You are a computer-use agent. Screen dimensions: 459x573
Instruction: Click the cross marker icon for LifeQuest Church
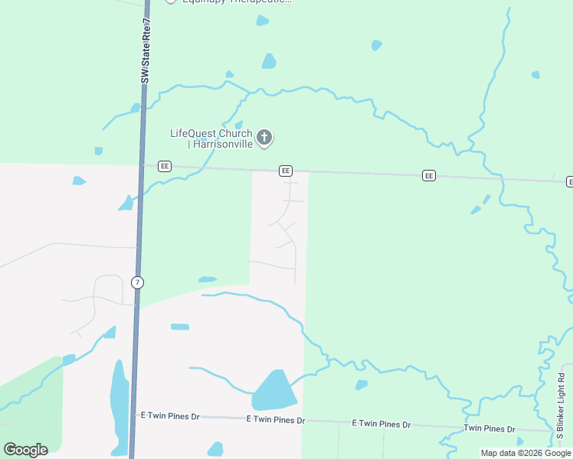[x=264, y=138]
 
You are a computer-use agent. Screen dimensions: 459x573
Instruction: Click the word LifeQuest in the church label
[x=190, y=134]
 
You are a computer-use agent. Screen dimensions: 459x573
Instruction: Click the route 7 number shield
[x=137, y=282]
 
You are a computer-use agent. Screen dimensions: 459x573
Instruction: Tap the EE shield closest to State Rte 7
[x=164, y=166]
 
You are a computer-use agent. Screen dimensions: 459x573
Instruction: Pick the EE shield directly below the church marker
[x=285, y=171]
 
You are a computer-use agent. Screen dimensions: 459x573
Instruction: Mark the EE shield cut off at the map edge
[x=569, y=181]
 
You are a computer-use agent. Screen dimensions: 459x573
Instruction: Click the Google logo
[x=25, y=450]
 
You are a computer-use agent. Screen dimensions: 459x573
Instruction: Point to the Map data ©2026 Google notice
[x=526, y=453]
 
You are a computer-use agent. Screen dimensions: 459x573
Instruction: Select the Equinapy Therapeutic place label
[x=237, y=1]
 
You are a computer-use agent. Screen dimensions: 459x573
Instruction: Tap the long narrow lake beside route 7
[x=120, y=405]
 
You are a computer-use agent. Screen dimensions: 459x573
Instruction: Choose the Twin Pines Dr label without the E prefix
[x=489, y=429]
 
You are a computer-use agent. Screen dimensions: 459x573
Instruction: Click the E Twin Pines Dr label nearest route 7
[x=169, y=416]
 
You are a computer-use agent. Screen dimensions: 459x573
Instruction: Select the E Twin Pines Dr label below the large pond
[x=275, y=420]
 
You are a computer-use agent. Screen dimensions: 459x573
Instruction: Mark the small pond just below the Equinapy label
[x=262, y=21]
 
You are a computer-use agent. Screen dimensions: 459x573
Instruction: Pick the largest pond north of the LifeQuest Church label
[x=269, y=61]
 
